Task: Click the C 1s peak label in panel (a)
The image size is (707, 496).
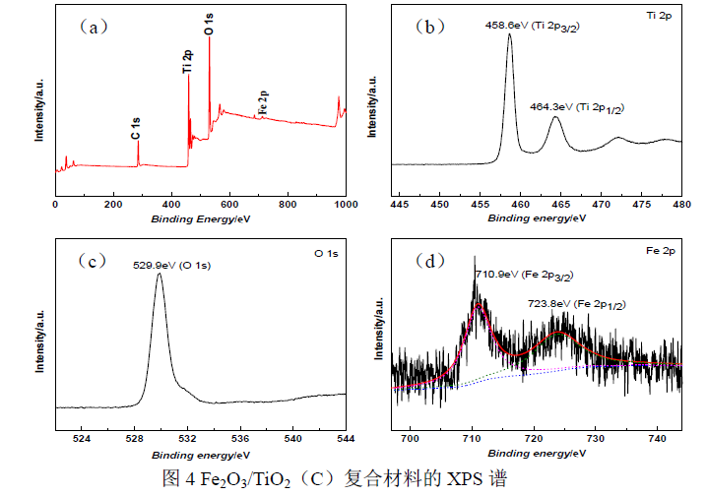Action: coord(136,128)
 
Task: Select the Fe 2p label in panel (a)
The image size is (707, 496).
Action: coord(262,102)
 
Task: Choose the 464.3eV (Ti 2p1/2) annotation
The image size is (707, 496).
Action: coord(578,105)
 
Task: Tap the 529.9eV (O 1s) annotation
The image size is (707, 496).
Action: coord(172,265)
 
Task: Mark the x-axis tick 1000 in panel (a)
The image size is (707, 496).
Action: coord(346,205)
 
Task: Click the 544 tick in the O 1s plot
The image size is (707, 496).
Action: coord(345,436)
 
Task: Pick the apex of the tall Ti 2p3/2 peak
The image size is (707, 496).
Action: coord(510,34)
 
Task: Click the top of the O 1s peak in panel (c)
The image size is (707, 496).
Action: coord(159,274)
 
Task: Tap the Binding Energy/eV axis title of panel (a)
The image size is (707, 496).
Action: coord(200,218)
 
